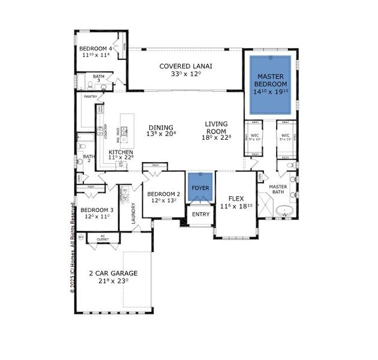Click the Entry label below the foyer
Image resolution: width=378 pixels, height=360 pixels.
click(200, 214)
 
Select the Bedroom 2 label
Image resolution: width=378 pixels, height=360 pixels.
click(163, 194)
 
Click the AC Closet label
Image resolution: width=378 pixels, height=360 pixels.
click(103, 238)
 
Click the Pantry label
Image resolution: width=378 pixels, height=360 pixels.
click(91, 96)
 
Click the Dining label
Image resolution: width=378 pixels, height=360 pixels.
click(160, 128)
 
